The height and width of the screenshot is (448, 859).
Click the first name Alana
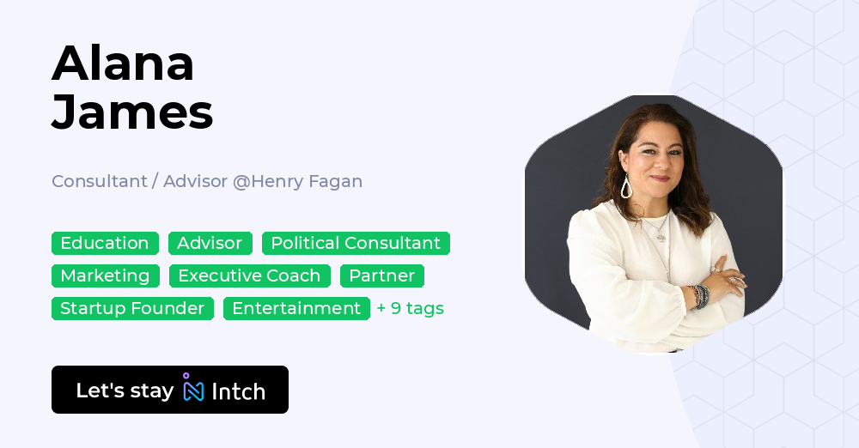[x=123, y=64]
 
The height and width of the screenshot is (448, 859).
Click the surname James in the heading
[x=132, y=112]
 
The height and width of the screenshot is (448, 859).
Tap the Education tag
[x=105, y=243]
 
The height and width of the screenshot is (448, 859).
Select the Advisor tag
[x=210, y=243]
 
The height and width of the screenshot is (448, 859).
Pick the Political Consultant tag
[x=356, y=243]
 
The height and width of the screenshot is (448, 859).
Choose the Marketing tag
[x=105, y=275]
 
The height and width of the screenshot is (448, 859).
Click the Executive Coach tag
[x=249, y=275]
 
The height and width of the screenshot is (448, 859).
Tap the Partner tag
[x=381, y=275]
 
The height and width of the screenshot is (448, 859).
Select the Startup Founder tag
[x=132, y=308]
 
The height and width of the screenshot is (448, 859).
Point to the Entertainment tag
[x=296, y=308]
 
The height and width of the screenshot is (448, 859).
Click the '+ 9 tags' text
[x=410, y=308]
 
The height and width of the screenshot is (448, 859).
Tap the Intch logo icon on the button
[x=192, y=389]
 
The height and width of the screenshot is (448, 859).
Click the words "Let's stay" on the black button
[x=125, y=390]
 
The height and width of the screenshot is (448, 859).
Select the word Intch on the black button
[x=238, y=391]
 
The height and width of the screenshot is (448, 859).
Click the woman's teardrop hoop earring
[x=626, y=187]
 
